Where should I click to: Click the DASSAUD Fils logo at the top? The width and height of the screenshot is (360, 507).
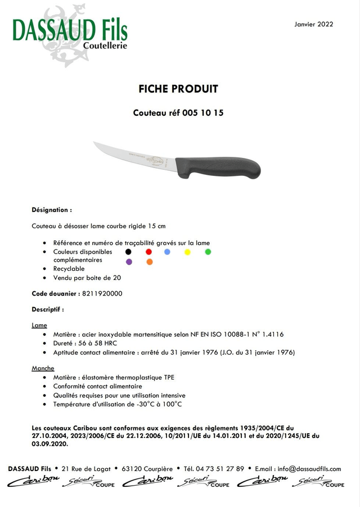tap(70, 31)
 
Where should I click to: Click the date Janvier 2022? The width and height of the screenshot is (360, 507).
tap(314, 24)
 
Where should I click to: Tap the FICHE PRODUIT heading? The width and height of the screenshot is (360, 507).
tap(178, 89)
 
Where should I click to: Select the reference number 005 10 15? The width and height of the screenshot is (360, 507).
tap(203, 112)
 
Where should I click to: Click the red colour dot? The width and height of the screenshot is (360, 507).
tap(148, 252)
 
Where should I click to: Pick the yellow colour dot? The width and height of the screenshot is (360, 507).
tap(187, 252)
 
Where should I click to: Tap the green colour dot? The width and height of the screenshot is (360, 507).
tap(208, 252)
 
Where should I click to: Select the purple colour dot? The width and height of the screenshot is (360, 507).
tap(129, 262)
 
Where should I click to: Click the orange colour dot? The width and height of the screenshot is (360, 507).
tap(149, 262)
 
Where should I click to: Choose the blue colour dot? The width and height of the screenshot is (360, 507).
tap(168, 252)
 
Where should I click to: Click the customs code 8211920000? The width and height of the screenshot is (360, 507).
tap(102, 293)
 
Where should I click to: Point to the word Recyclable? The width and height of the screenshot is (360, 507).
tap(69, 269)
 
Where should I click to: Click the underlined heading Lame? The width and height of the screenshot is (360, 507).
tap(39, 325)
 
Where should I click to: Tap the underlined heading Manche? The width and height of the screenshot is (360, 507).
tap(43, 369)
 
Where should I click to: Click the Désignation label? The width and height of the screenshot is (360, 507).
tap(52, 210)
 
